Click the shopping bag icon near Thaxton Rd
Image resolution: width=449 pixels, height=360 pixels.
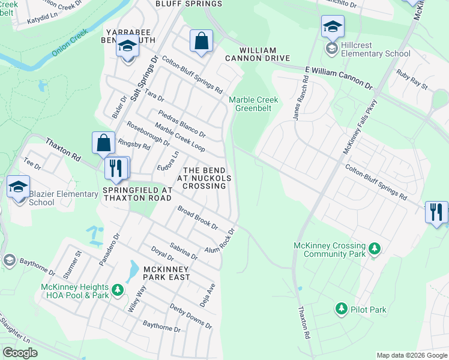[x=103, y=143]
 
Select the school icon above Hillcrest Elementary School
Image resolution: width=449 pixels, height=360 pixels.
[x=333, y=27]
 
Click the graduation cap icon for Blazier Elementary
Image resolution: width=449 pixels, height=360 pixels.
[x=19, y=187]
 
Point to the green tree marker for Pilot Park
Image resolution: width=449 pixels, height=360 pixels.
[x=342, y=309]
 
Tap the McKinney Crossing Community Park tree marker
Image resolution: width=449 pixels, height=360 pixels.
[x=375, y=248]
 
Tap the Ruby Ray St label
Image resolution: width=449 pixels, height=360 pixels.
[x=411, y=80]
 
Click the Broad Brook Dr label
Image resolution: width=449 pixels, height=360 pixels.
[x=197, y=217]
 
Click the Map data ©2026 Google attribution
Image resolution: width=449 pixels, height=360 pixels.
[x=411, y=355]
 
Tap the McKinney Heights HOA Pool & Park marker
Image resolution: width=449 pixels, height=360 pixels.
[x=118, y=290]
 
